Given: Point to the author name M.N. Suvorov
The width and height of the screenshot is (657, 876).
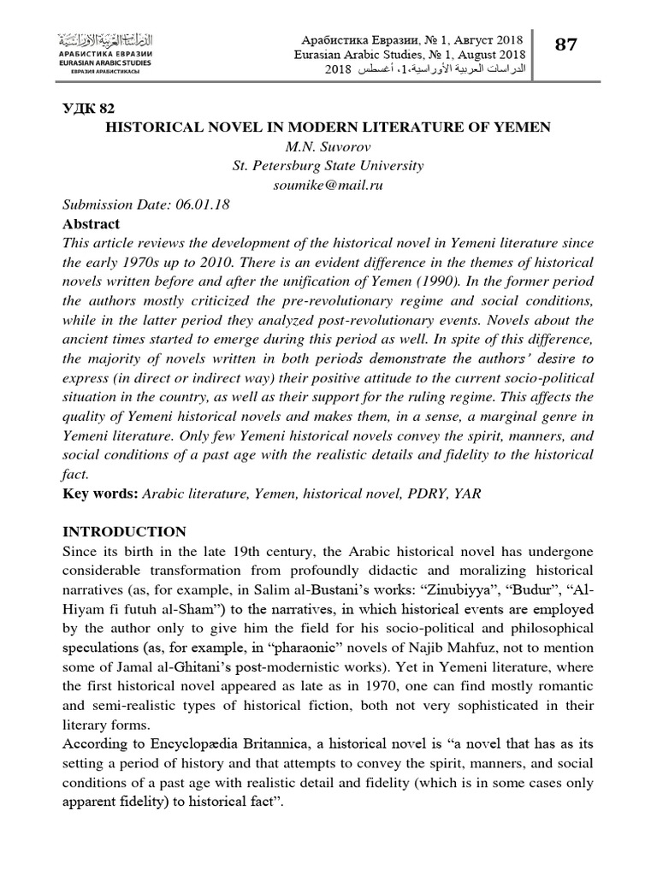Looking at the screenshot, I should tap(328, 146).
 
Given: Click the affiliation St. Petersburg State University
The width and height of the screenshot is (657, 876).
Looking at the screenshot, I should tap(328, 165).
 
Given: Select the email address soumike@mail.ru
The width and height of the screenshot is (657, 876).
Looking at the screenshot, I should tap(328, 184).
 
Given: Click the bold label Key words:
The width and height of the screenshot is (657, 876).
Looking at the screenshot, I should tap(100, 494).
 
